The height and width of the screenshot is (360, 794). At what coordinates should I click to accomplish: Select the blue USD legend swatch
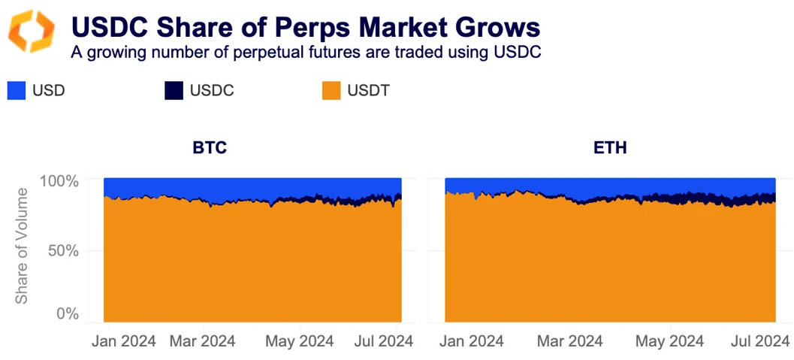(x=17, y=90)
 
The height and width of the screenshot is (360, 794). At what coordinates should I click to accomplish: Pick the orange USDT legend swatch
(x=331, y=90)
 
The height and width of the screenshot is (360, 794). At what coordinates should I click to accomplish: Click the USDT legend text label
(x=368, y=91)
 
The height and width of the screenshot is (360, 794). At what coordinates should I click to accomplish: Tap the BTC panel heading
(x=210, y=147)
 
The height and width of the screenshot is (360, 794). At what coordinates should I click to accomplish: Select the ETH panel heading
(x=609, y=147)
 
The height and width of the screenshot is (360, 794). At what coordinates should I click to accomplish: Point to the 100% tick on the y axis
(x=59, y=182)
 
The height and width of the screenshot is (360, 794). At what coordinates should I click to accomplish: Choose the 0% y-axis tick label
(x=68, y=313)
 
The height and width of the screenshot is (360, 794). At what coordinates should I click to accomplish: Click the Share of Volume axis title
(x=22, y=246)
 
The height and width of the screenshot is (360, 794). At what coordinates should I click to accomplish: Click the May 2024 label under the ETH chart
(x=669, y=341)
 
